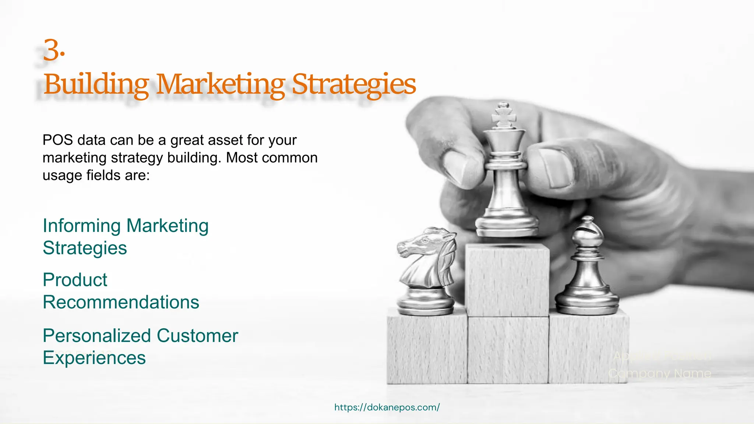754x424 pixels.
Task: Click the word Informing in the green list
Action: pos(81,226)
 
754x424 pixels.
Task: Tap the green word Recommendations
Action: pos(121,302)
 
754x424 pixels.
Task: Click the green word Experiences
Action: pos(94,358)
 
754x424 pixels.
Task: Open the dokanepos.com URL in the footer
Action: pos(387,407)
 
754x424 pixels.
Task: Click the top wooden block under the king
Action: pos(507,280)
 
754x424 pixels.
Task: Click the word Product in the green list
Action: pos(75,280)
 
